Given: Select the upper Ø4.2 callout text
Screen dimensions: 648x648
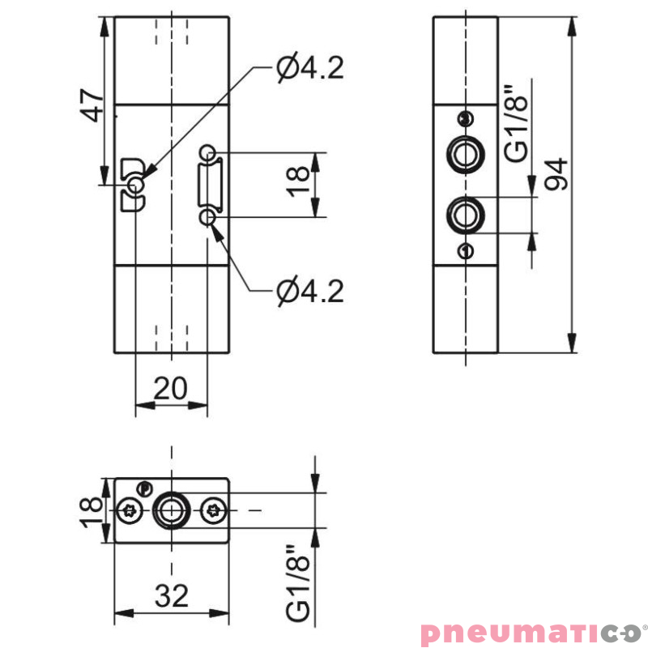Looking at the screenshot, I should click(x=309, y=68).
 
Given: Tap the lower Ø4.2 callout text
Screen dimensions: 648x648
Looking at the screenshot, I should click(x=309, y=290).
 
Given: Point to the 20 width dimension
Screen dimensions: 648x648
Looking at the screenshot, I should click(x=171, y=389).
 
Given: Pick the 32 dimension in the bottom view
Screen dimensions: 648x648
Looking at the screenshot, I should click(x=171, y=596).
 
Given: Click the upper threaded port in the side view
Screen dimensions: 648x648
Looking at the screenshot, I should click(x=465, y=151).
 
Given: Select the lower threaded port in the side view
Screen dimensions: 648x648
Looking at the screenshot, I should click(x=465, y=215).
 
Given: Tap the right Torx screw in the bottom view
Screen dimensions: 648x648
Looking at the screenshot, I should click(x=215, y=510).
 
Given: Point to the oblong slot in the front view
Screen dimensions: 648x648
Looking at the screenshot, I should click(x=210, y=184).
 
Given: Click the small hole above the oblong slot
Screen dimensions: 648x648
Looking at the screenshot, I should click(x=209, y=151).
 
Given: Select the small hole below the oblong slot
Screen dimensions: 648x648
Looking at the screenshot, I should click(x=209, y=216).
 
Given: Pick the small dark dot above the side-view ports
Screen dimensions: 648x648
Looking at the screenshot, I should click(x=463, y=119).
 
